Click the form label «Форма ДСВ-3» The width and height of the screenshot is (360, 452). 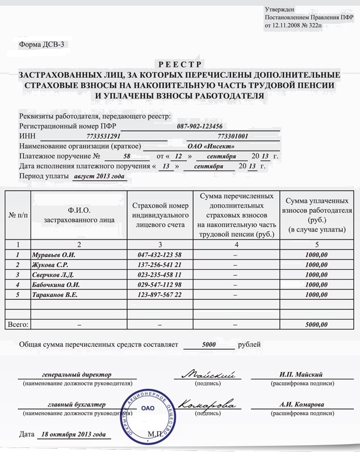(x=43, y=45)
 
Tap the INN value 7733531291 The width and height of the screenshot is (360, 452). (x=104, y=136)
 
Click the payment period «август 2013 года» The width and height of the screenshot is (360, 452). (x=99, y=177)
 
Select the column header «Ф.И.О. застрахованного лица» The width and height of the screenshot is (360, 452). (x=79, y=215)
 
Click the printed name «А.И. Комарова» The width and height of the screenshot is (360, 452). (x=302, y=404)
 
